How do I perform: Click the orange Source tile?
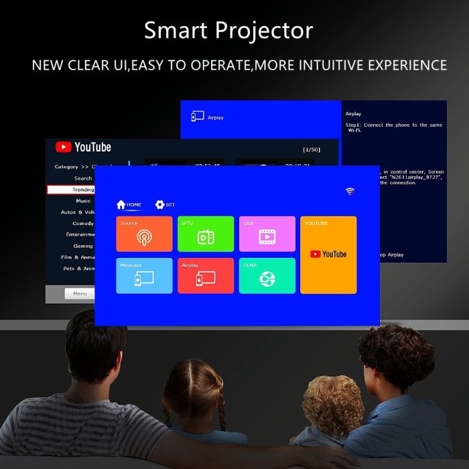(x=144, y=234)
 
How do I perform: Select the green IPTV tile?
(x=206, y=234)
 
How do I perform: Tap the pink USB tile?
(x=267, y=234)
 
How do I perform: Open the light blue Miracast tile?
(x=144, y=275)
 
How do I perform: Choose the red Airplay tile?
(x=206, y=275)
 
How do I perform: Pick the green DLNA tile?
(x=267, y=275)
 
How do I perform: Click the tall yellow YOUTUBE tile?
(x=328, y=255)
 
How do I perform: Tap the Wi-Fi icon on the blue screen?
(x=350, y=192)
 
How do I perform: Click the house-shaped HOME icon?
(x=121, y=204)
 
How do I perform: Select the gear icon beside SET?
(x=159, y=204)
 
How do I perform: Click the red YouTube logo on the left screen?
(x=64, y=147)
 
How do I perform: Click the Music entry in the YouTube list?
(x=83, y=200)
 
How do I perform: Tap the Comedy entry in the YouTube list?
(x=83, y=223)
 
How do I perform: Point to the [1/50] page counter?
(x=311, y=149)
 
